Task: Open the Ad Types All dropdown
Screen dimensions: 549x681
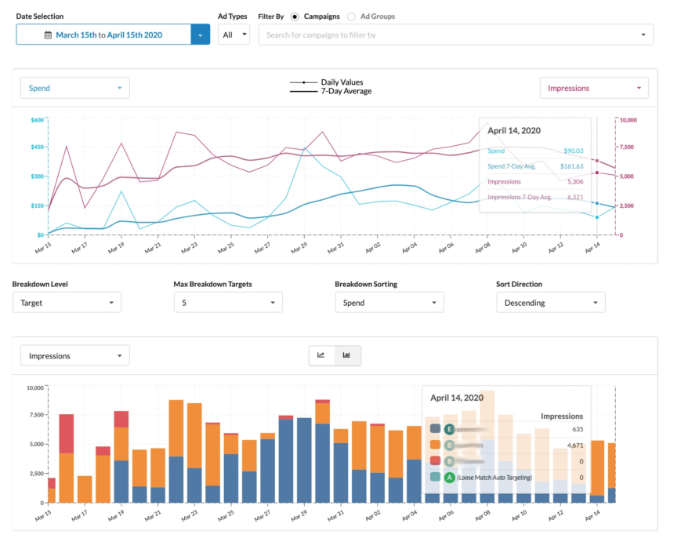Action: click(234, 35)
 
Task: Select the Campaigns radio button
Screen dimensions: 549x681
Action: click(295, 16)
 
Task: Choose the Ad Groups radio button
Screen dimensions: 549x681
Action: click(351, 16)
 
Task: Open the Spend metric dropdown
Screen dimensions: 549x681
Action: click(74, 88)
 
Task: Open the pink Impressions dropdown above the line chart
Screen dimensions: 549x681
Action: click(594, 88)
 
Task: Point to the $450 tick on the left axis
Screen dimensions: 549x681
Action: click(38, 147)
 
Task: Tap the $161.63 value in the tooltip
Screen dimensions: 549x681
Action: click(570, 166)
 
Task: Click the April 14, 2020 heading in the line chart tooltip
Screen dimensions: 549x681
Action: click(514, 131)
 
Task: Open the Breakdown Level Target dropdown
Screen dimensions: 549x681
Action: click(67, 302)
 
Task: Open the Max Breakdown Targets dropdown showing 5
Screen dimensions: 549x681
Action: click(228, 302)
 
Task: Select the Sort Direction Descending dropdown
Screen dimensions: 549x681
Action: click(551, 302)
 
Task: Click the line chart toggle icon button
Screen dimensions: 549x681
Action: click(321, 355)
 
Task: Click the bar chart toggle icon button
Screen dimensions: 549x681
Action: click(346, 355)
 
